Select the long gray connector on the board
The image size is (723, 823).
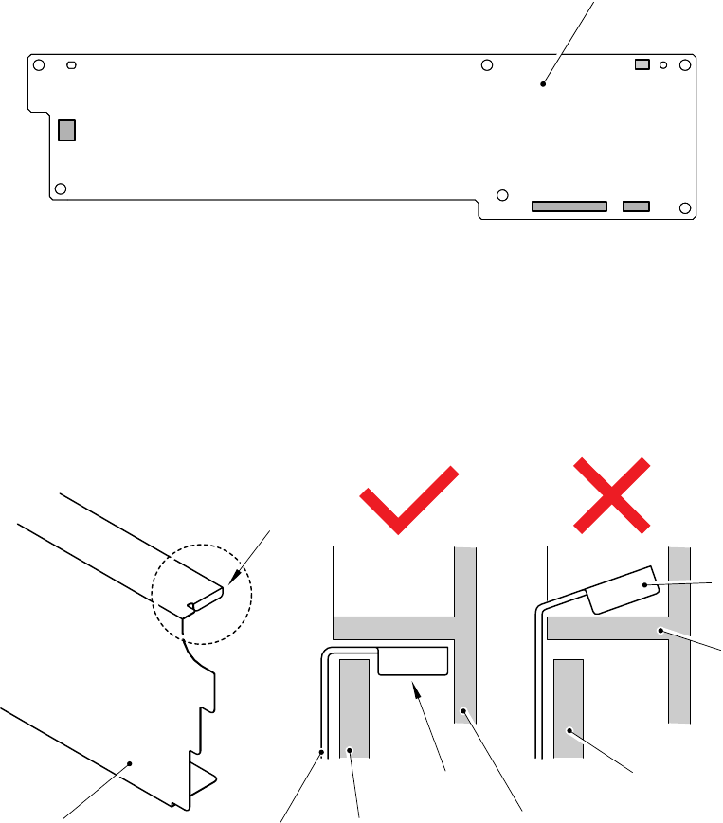569,206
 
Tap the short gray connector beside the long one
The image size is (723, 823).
636,206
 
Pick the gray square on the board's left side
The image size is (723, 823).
65,130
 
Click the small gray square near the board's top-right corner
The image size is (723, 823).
642,64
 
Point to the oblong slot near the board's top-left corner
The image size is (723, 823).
72,65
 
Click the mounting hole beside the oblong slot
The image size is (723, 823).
38,65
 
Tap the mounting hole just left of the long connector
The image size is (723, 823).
502,197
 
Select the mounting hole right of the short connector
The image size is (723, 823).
685,206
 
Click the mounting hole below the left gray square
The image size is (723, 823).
60,188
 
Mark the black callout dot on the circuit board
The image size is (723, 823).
543,84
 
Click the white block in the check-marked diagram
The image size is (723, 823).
413,661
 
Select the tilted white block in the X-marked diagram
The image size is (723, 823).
624,589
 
